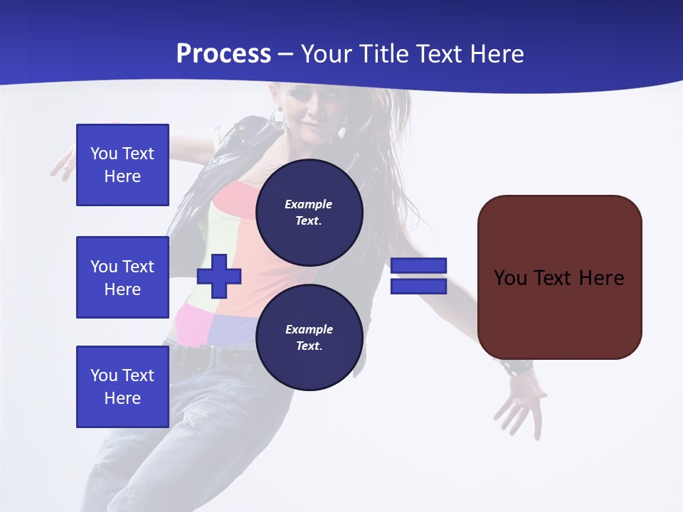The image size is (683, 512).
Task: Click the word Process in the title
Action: tap(223, 54)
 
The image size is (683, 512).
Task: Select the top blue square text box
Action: tap(122, 165)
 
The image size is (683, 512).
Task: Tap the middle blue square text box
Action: tap(122, 277)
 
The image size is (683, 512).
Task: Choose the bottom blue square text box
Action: tap(122, 387)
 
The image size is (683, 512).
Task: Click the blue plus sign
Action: tap(219, 277)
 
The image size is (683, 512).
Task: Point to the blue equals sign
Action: tap(418, 276)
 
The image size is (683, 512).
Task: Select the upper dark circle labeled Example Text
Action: tap(309, 212)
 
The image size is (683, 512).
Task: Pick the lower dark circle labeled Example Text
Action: tap(309, 337)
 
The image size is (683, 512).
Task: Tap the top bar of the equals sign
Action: tap(418, 266)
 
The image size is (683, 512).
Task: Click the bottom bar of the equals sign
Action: tap(418, 287)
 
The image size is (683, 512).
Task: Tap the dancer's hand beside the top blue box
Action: tap(63, 165)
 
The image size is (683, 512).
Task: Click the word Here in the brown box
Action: tap(601, 277)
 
